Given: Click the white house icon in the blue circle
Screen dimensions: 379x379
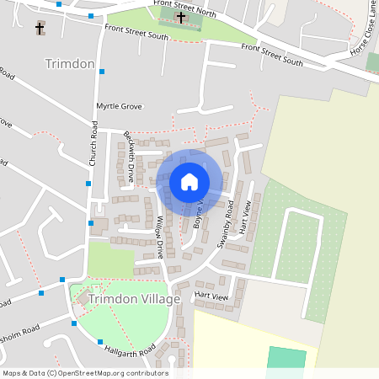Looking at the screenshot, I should tap(189, 182).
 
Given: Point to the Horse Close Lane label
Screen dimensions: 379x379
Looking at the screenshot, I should tap(363, 39).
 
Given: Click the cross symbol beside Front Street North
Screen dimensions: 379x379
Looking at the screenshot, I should tap(180, 17).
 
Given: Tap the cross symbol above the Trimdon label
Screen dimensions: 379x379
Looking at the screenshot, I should tap(40, 29).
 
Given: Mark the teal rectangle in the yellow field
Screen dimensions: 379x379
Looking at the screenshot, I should tap(287, 357).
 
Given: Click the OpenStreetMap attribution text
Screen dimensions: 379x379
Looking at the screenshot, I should tap(84, 373).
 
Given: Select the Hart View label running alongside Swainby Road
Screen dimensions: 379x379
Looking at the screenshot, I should tap(245, 218).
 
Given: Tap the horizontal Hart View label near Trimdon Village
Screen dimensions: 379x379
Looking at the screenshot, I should tap(211, 296).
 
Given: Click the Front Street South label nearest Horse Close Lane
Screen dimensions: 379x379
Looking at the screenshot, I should tap(272, 55).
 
